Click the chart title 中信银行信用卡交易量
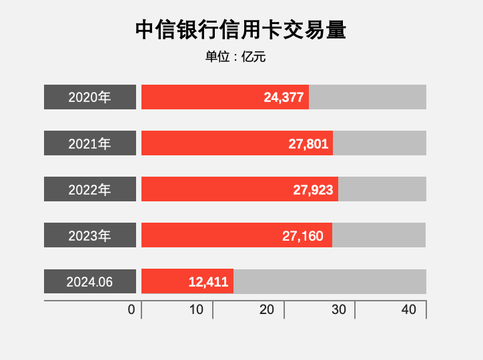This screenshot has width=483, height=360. [241, 30]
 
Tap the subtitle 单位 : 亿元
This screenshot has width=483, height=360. [235, 57]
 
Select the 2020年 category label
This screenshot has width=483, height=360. [90, 97]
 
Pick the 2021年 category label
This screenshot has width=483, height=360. [90, 143]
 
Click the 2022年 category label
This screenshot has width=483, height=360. [90, 189]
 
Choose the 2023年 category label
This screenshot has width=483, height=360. [90, 235]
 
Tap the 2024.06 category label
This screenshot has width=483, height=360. [90, 281]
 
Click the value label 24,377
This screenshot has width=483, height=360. [284, 97]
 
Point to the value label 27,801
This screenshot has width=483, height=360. [308, 143]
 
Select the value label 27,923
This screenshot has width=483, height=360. [313, 189]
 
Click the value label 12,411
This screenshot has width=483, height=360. [209, 281]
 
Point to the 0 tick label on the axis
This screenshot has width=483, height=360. [131, 310]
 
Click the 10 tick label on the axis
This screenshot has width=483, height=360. [196, 310]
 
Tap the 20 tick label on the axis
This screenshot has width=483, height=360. [267, 310]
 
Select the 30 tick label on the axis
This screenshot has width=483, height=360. [339, 310]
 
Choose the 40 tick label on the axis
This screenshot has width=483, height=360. [409, 310]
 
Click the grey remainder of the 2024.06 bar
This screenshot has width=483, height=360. [330, 281]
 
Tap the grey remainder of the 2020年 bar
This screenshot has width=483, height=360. [368, 97]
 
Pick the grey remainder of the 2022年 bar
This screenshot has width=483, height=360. [382, 189]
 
